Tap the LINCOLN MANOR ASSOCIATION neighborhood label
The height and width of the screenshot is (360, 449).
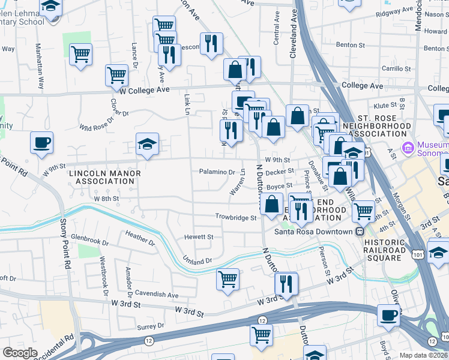(x=104, y=178)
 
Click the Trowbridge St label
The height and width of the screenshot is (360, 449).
(x=236, y=217)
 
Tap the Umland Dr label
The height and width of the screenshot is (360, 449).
(x=197, y=260)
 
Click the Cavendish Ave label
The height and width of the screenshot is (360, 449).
(x=157, y=295)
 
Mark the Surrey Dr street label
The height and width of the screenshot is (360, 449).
(x=151, y=326)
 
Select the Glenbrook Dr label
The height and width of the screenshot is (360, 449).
(x=89, y=244)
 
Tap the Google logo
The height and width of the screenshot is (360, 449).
(x=20, y=353)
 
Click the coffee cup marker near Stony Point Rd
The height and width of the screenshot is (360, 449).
(x=42, y=143)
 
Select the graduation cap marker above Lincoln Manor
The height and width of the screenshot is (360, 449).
(x=147, y=144)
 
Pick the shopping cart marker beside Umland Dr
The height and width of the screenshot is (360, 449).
(x=228, y=278)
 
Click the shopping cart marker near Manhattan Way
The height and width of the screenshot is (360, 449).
(x=80, y=55)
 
